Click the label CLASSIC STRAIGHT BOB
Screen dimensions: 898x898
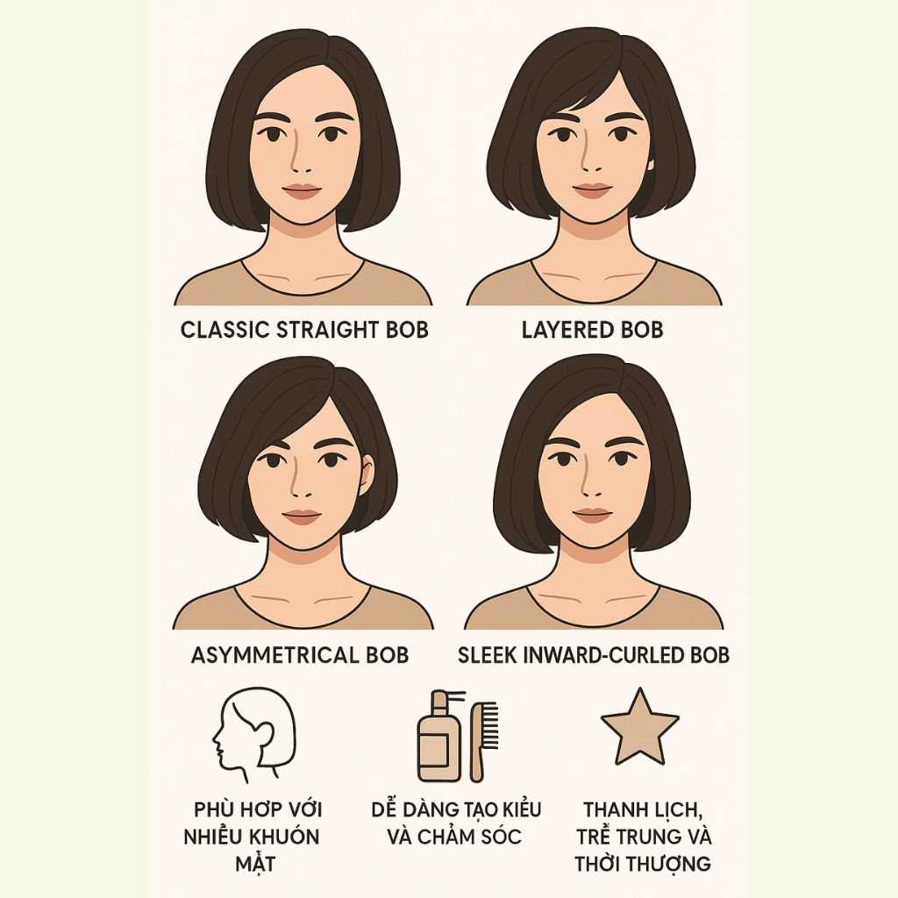coord(304,331)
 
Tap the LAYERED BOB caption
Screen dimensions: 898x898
coord(592,331)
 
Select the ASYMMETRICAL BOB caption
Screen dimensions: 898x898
coord(300,655)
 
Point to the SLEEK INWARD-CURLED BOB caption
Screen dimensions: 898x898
coord(594,655)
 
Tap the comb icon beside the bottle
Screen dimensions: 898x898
coord(479,738)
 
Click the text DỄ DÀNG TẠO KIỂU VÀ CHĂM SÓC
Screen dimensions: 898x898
coord(456,822)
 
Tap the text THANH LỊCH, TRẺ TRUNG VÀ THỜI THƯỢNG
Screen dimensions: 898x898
coord(643,836)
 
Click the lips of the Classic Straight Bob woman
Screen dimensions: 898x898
coord(303,191)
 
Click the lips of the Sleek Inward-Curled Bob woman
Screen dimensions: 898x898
coord(592,515)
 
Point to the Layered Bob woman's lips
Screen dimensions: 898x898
coord(592,190)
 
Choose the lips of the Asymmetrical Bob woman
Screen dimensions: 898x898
coord(301,517)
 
